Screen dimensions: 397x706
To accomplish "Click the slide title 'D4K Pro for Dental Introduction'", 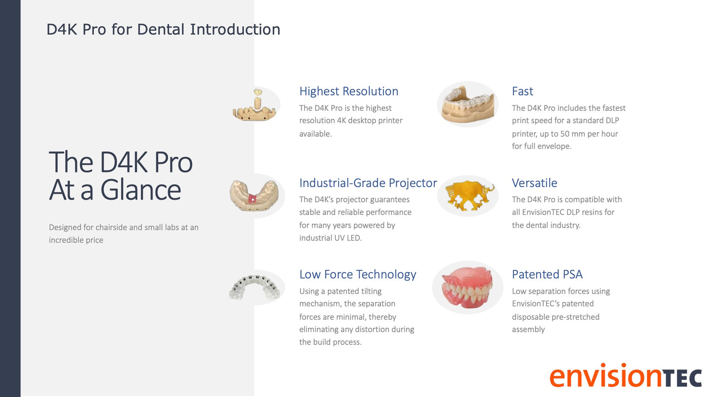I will [163, 29].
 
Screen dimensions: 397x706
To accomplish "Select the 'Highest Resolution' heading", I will [348, 91].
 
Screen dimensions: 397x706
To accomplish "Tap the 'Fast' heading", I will [522, 91].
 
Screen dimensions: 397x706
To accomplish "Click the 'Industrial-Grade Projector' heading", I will [368, 183].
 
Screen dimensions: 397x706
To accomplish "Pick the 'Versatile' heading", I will [534, 183].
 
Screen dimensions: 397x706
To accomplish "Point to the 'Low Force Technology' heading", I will [358, 274].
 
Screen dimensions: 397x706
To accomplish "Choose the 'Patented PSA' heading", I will [547, 274].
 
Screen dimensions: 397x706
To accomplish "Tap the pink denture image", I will [468, 288].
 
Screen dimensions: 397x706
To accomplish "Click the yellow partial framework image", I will [468, 195].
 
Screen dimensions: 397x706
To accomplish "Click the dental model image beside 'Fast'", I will [468, 104].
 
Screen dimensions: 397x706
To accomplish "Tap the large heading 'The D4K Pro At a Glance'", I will [121, 176].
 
